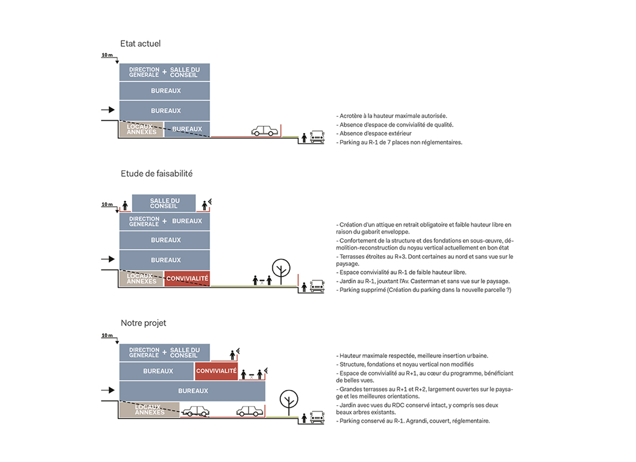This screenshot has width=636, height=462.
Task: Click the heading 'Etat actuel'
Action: [140, 43]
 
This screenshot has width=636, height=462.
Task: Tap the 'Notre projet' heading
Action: [143, 323]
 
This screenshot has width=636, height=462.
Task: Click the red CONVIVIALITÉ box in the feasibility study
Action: [187, 278]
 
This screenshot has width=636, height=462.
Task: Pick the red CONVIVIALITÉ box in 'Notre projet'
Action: [216, 371]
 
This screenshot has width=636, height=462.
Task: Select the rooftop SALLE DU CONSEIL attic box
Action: [164, 203]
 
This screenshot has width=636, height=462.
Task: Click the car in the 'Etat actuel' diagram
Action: [264, 131]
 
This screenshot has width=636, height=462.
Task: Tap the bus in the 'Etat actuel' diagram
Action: [317, 137]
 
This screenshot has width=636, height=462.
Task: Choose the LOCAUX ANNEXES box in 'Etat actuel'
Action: [142, 129]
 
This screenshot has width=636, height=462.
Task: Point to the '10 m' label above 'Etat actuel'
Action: [107, 55]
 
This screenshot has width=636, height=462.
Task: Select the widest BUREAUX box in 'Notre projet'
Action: [192, 391]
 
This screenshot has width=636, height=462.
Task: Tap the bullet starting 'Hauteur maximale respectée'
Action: [412, 356]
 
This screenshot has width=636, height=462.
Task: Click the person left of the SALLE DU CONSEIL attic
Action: [125, 205]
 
